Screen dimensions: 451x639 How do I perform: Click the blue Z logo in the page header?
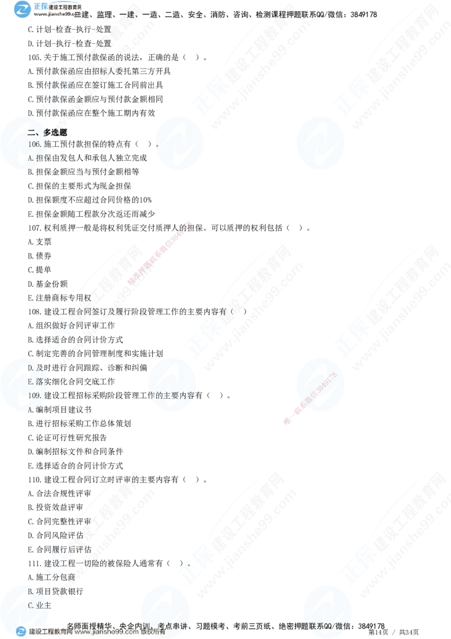[22, 10]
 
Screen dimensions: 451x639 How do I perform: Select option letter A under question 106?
[30, 158]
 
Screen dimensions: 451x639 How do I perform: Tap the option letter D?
[30, 368]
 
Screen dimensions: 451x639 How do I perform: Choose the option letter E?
[30, 382]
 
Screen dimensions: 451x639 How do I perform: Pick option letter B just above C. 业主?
[30, 591]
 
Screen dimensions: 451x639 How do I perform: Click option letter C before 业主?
[30, 605]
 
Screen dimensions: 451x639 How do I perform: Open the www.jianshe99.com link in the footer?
[105, 632]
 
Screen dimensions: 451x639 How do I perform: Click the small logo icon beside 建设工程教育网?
[21, 632]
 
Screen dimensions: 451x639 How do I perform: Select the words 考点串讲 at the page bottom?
[171, 625]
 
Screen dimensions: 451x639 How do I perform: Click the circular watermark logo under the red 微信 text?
[319, 384]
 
